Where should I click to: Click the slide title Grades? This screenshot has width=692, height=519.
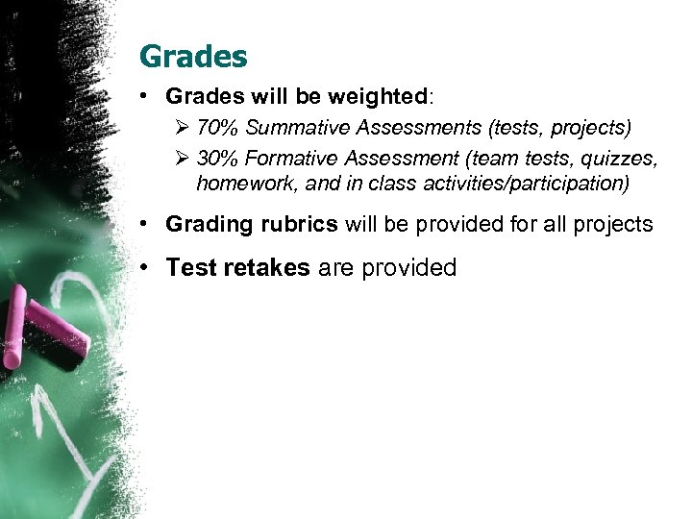click(x=193, y=57)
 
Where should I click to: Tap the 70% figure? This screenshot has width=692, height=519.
click(x=213, y=128)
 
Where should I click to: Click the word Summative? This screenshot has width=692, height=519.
click(x=290, y=128)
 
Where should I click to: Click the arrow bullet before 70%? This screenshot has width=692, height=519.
click(x=183, y=128)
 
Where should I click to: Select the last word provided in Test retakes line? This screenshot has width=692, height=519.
click(x=408, y=268)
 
